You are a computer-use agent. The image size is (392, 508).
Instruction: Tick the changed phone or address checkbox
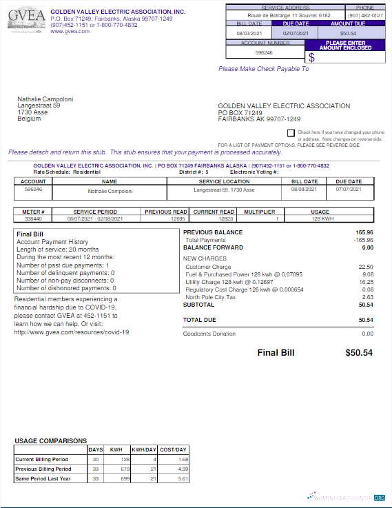click(291, 132)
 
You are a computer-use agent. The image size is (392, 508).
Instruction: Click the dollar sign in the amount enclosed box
click(311, 57)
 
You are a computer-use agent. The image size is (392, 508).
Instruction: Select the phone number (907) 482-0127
click(365, 14)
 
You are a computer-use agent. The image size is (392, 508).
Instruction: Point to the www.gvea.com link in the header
click(70, 31)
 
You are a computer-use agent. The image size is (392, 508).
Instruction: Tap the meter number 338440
click(33, 219)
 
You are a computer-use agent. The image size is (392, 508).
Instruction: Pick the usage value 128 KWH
click(320, 219)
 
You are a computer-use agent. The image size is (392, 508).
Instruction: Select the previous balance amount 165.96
click(364, 232)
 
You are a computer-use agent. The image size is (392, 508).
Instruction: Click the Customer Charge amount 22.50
click(366, 267)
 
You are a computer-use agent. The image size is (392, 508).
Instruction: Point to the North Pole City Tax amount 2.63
click(367, 297)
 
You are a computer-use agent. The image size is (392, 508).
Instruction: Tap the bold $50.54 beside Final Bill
click(358, 352)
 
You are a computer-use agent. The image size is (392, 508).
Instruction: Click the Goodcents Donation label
click(209, 334)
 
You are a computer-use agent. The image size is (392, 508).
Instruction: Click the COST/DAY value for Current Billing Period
click(183, 459)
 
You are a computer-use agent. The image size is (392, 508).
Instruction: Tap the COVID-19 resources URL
click(71, 332)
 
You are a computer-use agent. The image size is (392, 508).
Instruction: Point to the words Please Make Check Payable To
click(263, 69)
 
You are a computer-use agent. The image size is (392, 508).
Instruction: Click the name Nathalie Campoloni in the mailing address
click(45, 99)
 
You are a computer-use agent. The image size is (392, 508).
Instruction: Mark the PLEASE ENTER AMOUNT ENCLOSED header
click(346, 45)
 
